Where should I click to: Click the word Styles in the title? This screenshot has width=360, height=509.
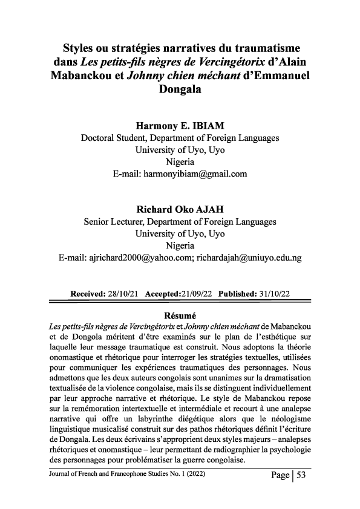pyautogui.click(x=83, y=48)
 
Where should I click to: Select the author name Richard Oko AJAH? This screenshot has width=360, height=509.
pyautogui.click(x=180, y=210)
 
